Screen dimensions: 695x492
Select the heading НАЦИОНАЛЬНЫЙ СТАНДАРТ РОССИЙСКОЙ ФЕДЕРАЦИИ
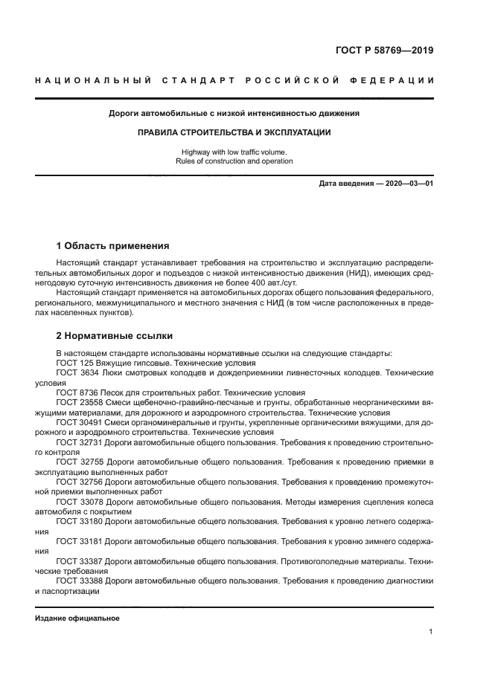(x=234, y=80)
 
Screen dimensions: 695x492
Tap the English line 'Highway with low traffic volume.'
(x=234, y=152)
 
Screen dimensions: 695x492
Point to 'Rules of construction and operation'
(x=234, y=161)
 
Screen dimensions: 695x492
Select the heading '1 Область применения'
(x=113, y=245)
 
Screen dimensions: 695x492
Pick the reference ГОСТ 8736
(x=77, y=392)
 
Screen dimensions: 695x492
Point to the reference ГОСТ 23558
(x=80, y=402)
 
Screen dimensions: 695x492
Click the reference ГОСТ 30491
(x=80, y=422)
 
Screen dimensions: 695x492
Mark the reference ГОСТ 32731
(x=80, y=442)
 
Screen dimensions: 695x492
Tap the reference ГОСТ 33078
(x=80, y=501)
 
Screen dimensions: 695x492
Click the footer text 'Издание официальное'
(x=77, y=618)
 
